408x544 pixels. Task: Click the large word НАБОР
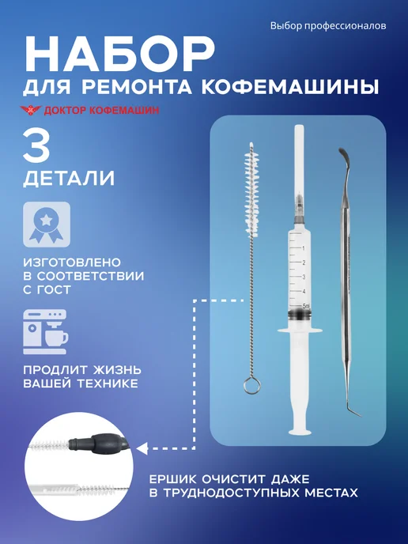(x=119, y=53)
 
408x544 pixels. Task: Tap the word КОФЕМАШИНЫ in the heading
(x=290, y=87)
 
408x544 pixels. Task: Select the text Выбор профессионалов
(x=328, y=26)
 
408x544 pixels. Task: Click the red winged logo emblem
(x=31, y=110)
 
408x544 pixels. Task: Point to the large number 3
(x=37, y=146)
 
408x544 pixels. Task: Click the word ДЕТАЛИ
(x=69, y=179)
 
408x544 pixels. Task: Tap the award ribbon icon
(x=47, y=225)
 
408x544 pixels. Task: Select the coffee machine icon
(x=45, y=332)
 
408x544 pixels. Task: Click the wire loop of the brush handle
(x=251, y=385)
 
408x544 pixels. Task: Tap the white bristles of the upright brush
(x=252, y=188)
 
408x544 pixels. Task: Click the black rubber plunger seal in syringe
(x=300, y=315)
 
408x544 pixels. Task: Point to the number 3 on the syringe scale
(x=304, y=277)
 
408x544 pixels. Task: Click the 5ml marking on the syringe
(x=306, y=306)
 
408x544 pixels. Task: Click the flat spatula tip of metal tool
(x=343, y=156)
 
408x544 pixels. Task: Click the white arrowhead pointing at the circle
(x=142, y=448)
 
